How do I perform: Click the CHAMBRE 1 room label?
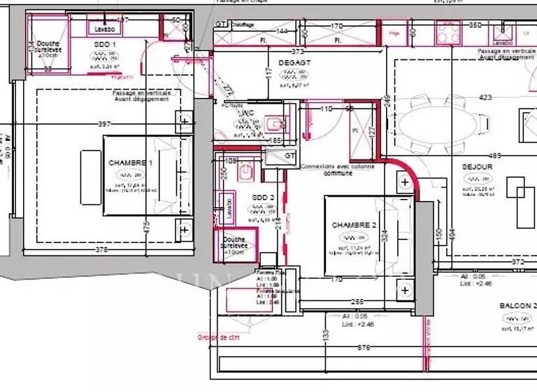[130, 162]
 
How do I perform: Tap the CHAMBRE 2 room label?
[354, 225]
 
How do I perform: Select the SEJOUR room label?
[478, 167]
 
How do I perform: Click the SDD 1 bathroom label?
[104, 44]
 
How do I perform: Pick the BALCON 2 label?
[517, 306]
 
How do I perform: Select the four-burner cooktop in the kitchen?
[447, 31]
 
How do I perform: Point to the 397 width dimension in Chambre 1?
[104, 124]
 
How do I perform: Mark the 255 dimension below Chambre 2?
[357, 302]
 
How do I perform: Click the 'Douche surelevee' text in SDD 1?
[48, 47]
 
